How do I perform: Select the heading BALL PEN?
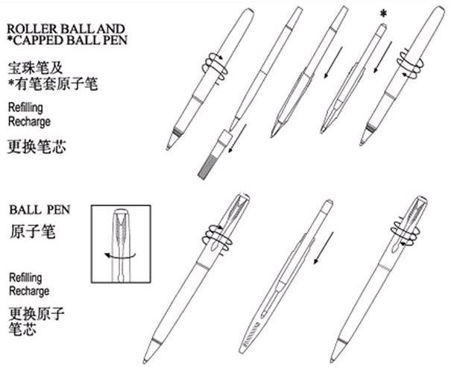[x=39, y=210]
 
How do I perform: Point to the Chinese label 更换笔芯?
[x=37, y=145]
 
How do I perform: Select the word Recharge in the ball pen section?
[x=29, y=290]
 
